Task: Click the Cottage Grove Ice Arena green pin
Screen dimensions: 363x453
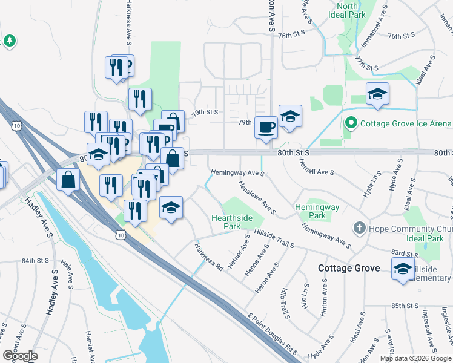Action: point(349,123)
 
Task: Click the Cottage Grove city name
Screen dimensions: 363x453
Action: point(349,268)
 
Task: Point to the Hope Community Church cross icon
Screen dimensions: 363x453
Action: point(360,228)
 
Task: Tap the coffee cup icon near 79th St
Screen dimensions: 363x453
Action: point(266,128)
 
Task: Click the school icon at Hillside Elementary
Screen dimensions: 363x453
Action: point(402,269)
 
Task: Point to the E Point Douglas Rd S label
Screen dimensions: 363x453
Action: point(273,333)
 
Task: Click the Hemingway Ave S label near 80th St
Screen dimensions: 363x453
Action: point(238,173)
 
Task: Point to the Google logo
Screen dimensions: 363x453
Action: point(20,356)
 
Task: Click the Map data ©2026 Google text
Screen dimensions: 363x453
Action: point(415,358)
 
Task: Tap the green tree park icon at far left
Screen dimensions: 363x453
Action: point(9,41)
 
